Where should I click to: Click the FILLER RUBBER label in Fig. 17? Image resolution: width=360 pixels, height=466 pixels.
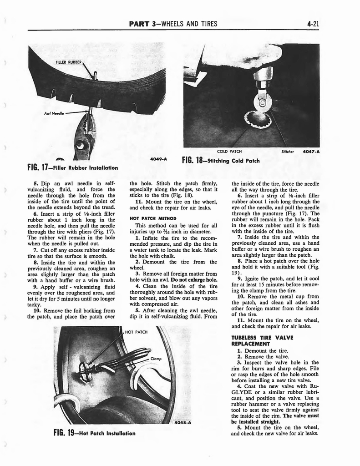point(69,62)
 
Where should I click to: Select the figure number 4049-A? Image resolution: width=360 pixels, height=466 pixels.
point(157,159)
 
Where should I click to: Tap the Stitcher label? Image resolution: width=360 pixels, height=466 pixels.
point(288,152)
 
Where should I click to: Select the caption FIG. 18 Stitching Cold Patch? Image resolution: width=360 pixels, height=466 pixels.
point(220,160)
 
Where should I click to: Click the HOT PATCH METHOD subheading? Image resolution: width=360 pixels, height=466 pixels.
point(151,218)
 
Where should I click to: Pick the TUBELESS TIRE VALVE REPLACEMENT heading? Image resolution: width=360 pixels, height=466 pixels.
point(262,341)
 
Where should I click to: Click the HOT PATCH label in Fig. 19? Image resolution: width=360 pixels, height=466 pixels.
point(137,332)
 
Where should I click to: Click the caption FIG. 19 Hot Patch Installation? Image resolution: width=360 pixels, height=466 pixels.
point(94,432)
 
